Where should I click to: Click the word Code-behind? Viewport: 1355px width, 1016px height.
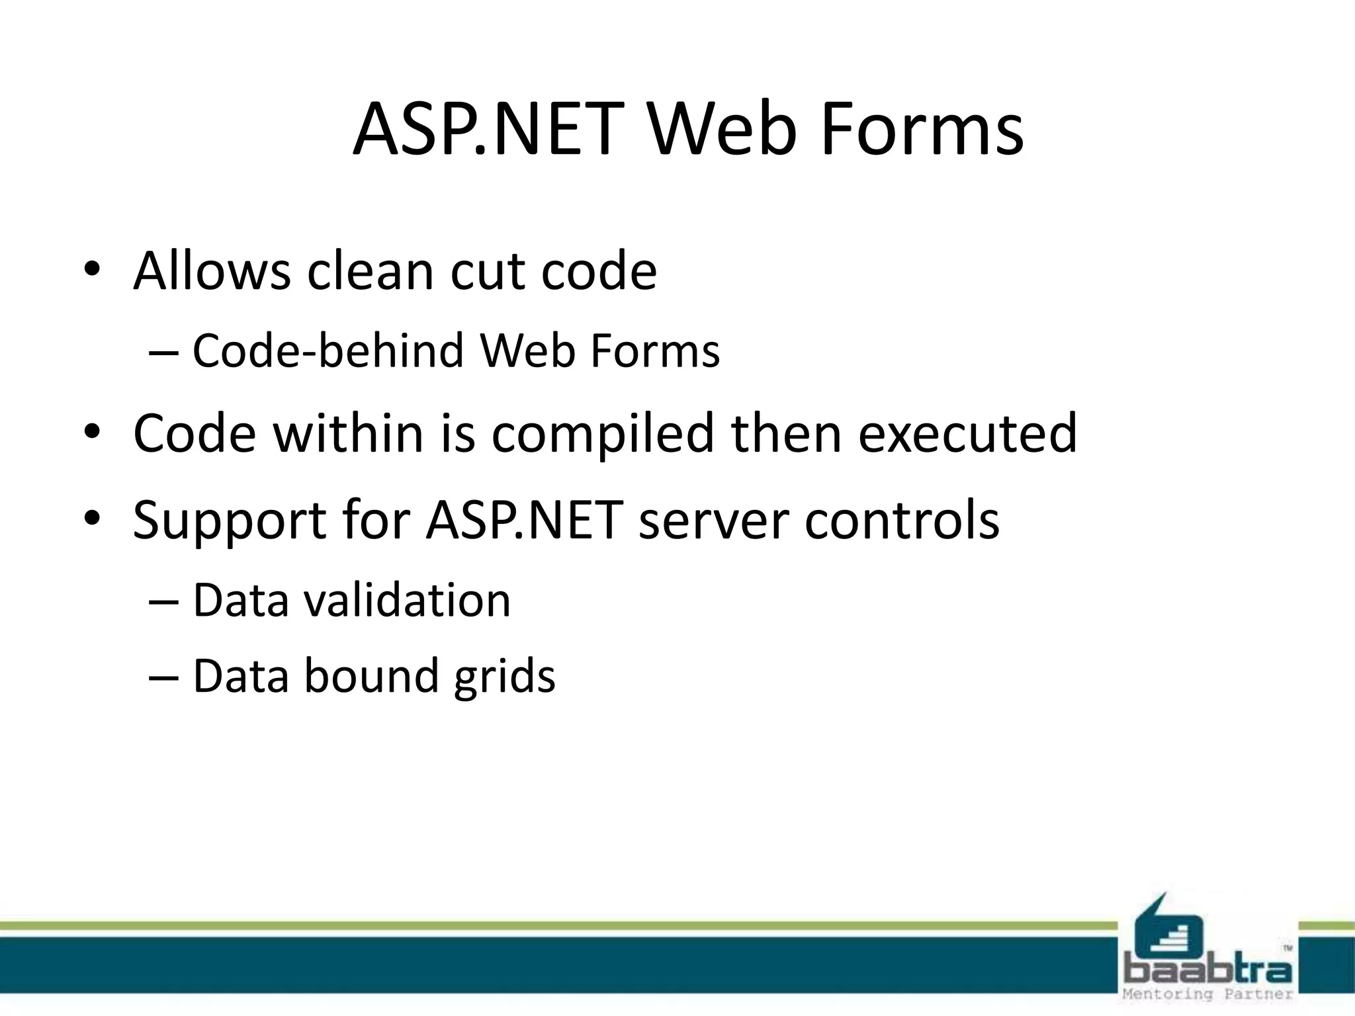(328, 351)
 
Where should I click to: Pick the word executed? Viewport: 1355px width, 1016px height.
(967, 433)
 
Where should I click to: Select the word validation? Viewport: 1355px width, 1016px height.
(408, 601)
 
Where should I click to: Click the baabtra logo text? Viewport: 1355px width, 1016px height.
(1207, 970)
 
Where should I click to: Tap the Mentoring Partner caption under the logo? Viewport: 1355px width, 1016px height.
(1207, 994)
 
